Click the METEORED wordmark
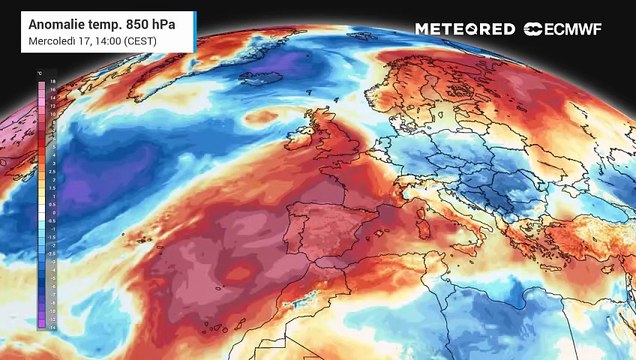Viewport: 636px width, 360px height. pyautogui.click(x=465, y=29)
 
